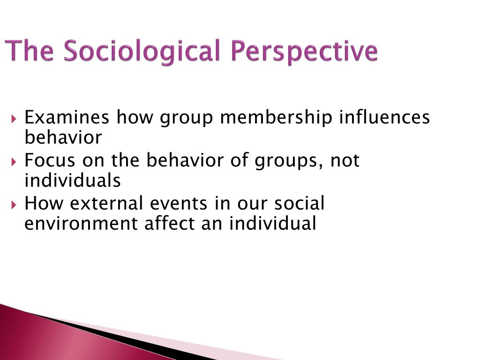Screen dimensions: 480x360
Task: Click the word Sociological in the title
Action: (142, 51)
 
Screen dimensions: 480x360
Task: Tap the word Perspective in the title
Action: (304, 51)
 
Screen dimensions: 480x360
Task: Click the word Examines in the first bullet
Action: (67, 117)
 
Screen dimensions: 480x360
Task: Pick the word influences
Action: (384, 117)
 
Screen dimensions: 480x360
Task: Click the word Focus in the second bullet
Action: (50, 160)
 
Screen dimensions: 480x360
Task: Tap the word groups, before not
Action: (289, 162)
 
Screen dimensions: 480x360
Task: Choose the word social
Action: (299, 203)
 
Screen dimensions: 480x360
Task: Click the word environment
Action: (81, 224)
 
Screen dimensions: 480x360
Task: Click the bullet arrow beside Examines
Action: (13, 119)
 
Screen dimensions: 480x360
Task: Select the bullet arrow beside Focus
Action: (13, 161)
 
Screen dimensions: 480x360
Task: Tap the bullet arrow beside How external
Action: (13, 204)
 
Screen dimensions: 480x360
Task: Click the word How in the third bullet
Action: (44, 203)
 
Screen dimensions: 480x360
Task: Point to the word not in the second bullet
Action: (345, 161)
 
